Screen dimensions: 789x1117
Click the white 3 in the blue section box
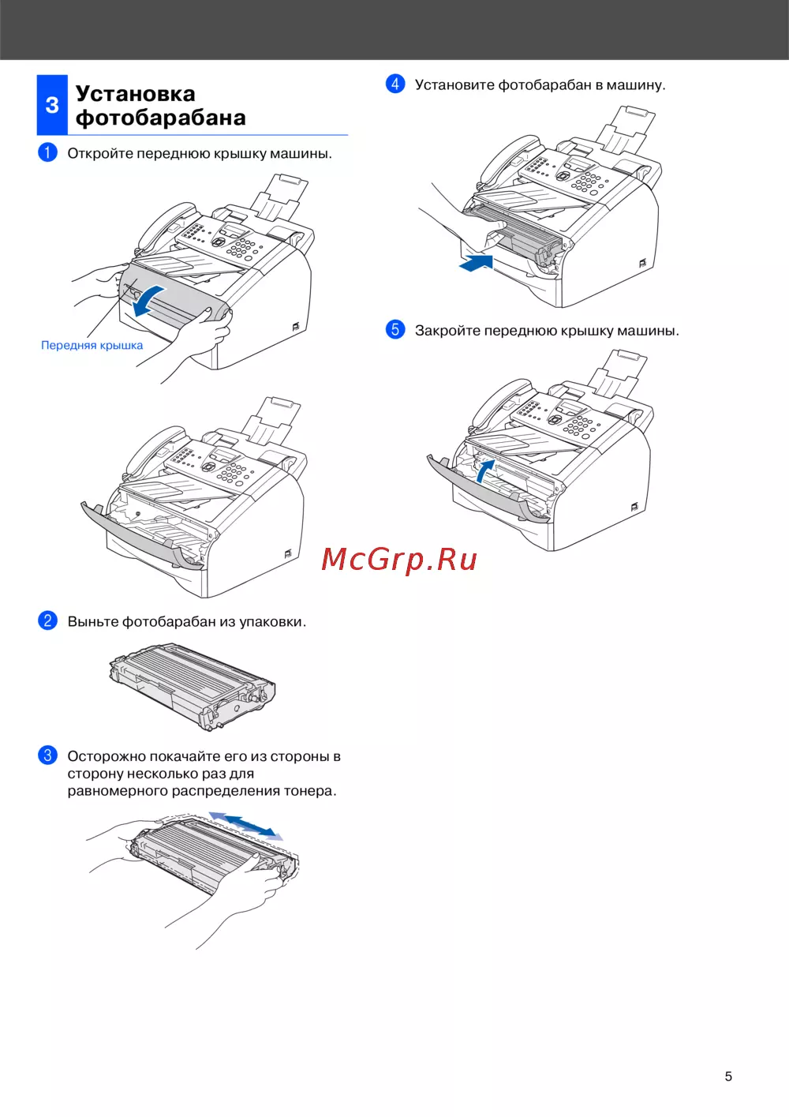52,105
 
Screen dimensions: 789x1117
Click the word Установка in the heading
135,94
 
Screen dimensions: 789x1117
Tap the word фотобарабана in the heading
160,118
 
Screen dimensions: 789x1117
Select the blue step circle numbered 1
48,152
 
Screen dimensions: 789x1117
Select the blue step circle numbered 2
48,620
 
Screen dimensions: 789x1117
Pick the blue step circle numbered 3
48,755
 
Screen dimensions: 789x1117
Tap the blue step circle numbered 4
395,84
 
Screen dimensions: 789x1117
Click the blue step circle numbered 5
395,330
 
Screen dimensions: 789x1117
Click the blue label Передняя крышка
92,345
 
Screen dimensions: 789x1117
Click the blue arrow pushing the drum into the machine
477,263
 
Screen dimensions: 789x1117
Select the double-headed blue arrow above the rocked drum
246,825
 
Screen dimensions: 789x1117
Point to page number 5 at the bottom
728,1076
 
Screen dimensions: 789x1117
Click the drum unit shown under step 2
193,687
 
